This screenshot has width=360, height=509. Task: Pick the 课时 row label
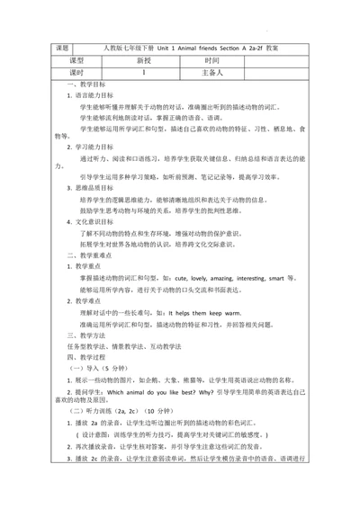62,72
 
